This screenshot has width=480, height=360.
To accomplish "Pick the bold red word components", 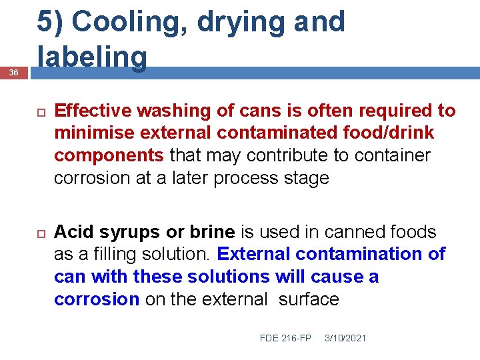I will pyautogui.click(x=109, y=156).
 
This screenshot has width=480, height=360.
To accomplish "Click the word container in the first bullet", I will pyautogui.click(x=393, y=156).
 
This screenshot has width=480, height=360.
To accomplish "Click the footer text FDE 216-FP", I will pyautogui.click(x=285, y=338).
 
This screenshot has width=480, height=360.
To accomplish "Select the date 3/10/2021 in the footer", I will pyautogui.click(x=345, y=338).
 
